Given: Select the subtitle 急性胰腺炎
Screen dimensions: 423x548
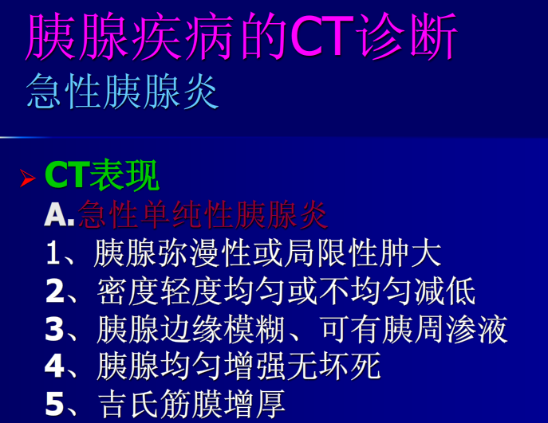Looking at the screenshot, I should click(x=121, y=92).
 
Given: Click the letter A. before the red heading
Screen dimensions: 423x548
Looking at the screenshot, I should click(x=59, y=215).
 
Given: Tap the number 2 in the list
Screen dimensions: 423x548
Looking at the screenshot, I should click(x=53, y=292).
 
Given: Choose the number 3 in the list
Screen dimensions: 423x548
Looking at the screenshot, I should click(x=53, y=330).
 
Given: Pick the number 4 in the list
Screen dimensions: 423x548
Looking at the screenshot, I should click(x=53, y=367).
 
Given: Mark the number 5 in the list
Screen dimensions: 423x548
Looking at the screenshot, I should click(x=53, y=405).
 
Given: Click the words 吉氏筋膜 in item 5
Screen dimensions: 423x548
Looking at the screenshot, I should click(x=159, y=404).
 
